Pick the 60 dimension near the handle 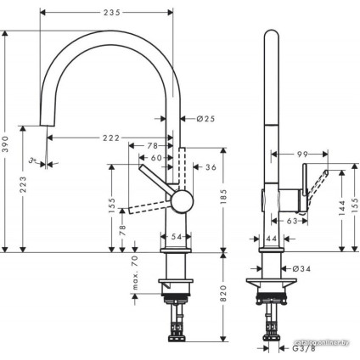[155, 158]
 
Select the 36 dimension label [211, 167]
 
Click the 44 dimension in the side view [271, 240]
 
